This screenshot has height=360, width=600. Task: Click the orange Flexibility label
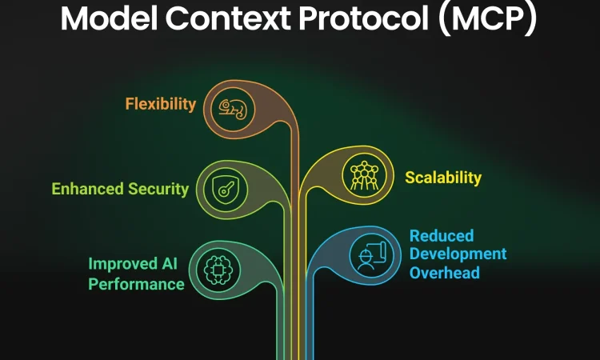pyautogui.click(x=160, y=104)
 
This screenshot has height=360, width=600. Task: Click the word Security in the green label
pyautogui.click(x=158, y=190)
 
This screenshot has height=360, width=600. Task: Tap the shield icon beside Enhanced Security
pyautogui.click(x=222, y=189)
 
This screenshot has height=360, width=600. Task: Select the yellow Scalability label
pyautogui.click(x=443, y=177)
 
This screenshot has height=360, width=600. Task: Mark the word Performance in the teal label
pyautogui.click(x=136, y=283)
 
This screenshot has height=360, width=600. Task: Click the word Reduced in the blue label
pyautogui.click(x=442, y=236)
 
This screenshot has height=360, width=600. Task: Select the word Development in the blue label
pyautogui.click(x=458, y=254)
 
